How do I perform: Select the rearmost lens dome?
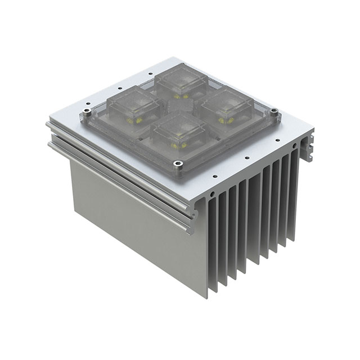(181, 83)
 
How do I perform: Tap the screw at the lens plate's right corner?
(275, 116)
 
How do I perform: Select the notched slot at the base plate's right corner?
(309, 147)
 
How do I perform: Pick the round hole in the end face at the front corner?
(212, 194)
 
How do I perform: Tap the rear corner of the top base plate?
(170, 58)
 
